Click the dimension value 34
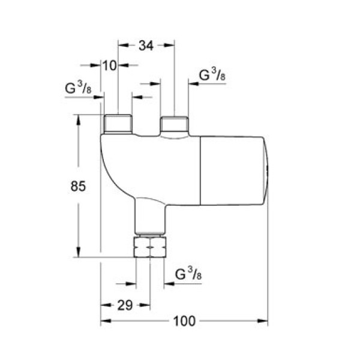pyautogui.click(x=146, y=46)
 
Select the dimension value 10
pyautogui.click(x=109, y=65)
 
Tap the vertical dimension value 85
pyautogui.click(x=70, y=187)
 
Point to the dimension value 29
pyautogui.click(x=125, y=305)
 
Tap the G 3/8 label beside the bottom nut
pyautogui.click(x=188, y=275)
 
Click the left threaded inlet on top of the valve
pyautogui.click(x=118, y=124)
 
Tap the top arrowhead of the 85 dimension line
pyautogui.click(x=78, y=119)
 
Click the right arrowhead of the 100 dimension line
pyautogui.click(x=263, y=322)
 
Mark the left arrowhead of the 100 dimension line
pyautogui.click(x=103, y=322)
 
